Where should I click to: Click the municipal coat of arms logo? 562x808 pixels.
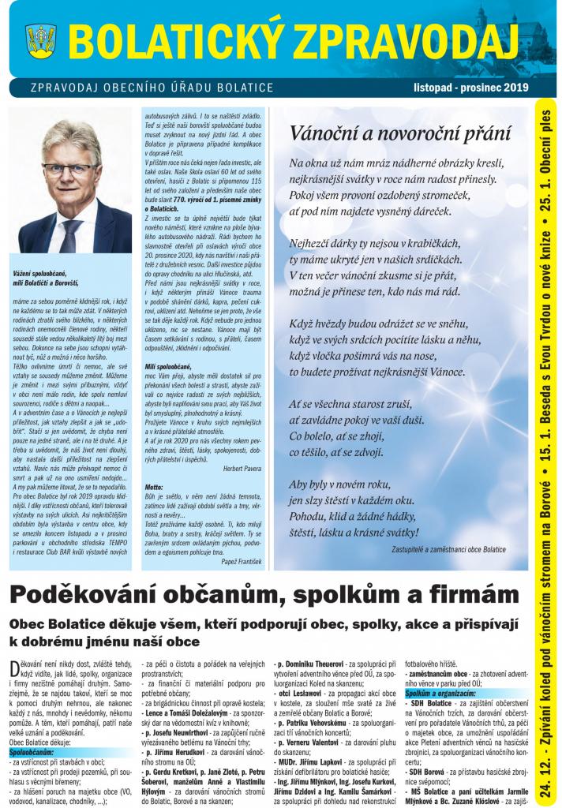[41, 39]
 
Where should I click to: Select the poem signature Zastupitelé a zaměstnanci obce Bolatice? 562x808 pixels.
[448, 549]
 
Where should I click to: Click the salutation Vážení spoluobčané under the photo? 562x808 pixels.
[45, 271]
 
